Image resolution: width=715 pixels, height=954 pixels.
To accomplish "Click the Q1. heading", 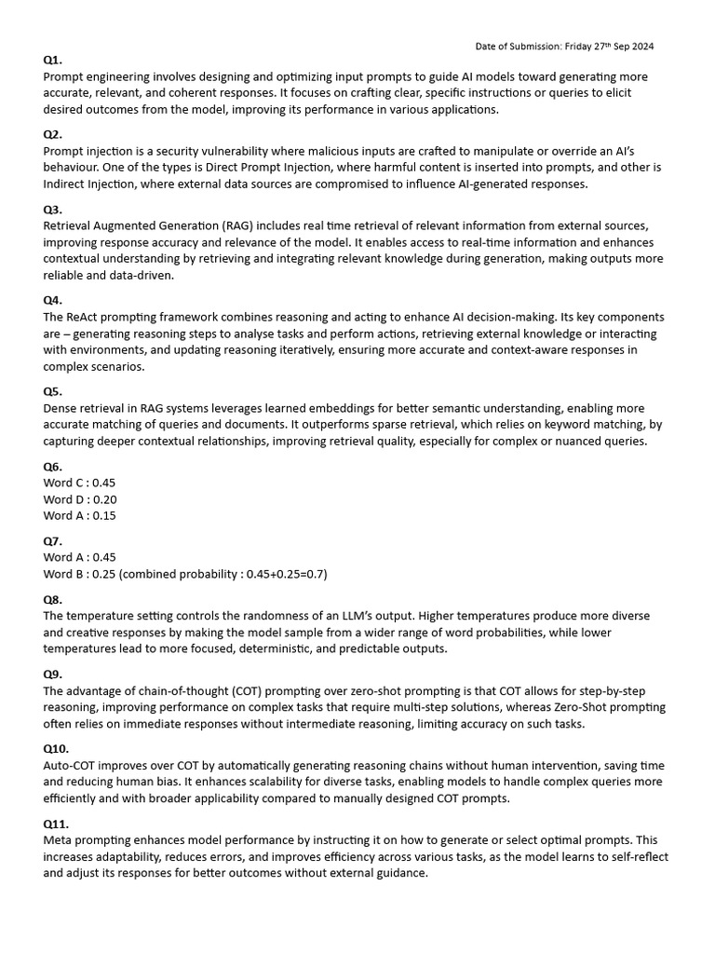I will click(52, 60).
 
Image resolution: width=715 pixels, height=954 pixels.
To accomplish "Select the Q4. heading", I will click(52, 300).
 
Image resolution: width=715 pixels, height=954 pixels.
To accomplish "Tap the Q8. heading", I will click(52, 600).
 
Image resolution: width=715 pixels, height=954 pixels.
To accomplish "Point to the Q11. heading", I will click(56, 824).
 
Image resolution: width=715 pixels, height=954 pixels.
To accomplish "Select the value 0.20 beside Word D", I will click(104, 499).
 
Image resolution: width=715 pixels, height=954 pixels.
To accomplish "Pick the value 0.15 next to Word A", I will click(104, 515).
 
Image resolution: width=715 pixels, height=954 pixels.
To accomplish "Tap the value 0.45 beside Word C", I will click(104, 483).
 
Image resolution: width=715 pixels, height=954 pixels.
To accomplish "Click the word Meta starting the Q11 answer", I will click(59, 840).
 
